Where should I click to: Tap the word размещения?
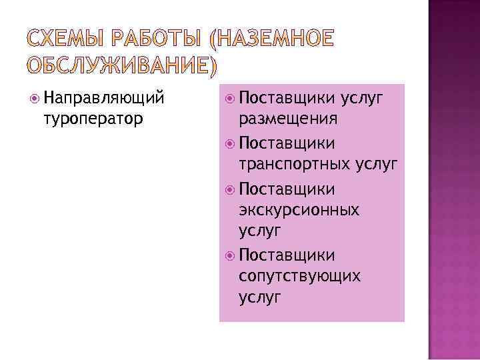pos(287,119)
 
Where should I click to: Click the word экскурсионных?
pos(299,210)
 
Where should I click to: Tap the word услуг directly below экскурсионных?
pos(259,231)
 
